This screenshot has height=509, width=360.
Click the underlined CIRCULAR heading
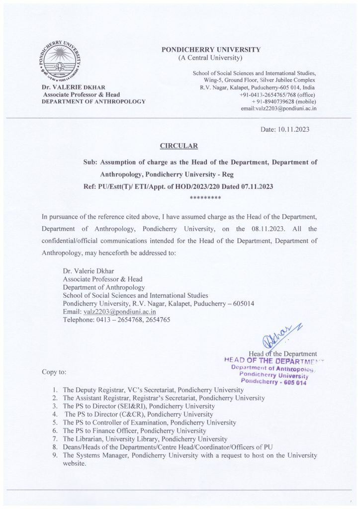(x=180, y=146)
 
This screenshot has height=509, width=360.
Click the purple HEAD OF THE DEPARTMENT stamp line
(x=274, y=360)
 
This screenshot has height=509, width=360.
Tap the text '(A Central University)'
(x=210, y=59)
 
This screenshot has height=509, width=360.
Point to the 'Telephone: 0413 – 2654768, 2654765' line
(x=115, y=320)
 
